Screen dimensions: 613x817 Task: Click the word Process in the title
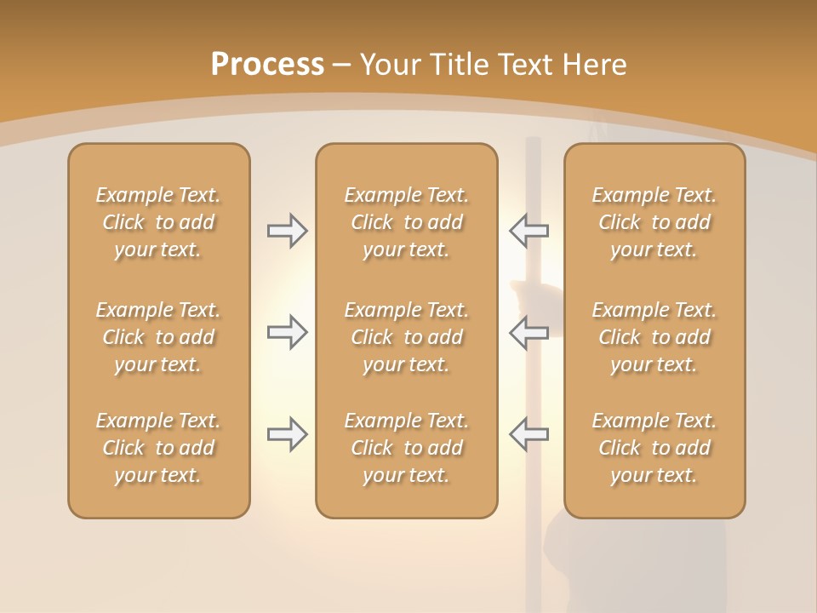(x=267, y=64)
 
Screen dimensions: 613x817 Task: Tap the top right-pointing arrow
(x=287, y=231)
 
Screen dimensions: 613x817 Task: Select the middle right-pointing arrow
(x=287, y=332)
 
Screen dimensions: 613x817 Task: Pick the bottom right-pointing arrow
(x=287, y=434)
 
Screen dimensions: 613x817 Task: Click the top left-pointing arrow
(x=528, y=231)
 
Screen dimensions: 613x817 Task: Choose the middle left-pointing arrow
(x=528, y=332)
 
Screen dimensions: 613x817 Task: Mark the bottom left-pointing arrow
(x=528, y=434)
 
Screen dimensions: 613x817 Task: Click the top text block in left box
(x=158, y=222)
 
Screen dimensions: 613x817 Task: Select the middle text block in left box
(x=158, y=337)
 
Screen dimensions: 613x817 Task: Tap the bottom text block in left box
(x=158, y=448)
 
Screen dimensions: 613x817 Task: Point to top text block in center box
(x=406, y=222)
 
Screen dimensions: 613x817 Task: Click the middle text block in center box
(x=406, y=337)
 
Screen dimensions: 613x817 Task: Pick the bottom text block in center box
(x=406, y=448)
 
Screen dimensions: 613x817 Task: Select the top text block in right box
(x=654, y=222)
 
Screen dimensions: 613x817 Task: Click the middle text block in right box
(x=654, y=337)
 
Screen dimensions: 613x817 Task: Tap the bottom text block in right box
(x=654, y=448)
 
